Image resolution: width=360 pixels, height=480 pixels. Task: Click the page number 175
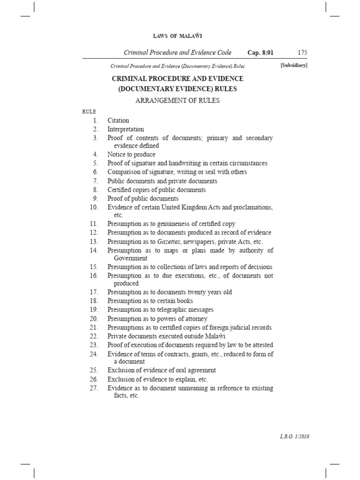point(302,52)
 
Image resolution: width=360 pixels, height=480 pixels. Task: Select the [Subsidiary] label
point(294,66)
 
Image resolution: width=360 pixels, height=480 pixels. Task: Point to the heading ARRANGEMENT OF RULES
point(178,100)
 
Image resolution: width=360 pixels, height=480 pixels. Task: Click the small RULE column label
point(89,112)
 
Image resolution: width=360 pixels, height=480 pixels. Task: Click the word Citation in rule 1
point(118,120)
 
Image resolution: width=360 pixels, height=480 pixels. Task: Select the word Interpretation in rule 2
point(126,129)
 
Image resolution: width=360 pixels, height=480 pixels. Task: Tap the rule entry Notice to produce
point(131,154)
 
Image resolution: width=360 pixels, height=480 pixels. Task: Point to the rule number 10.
point(93,207)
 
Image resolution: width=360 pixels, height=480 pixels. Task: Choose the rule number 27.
point(93,388)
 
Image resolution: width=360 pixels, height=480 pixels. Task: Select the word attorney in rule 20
point(197,319)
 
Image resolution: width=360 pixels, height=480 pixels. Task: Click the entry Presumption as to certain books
point(150,301)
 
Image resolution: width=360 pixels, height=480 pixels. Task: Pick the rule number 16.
point(93,276)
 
